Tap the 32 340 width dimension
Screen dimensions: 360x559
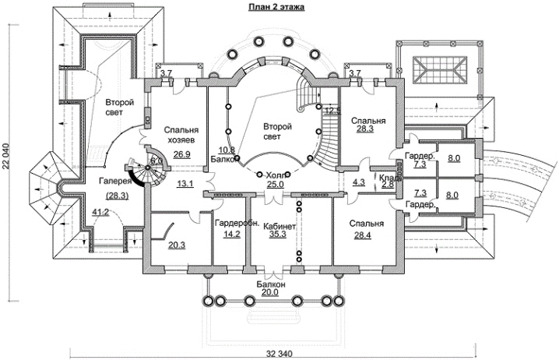(x=277, y=354)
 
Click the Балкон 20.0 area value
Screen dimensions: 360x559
(x=271, y=292)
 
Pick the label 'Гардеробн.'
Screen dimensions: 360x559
(x=231, y=224)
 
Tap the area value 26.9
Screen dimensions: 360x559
(x=182, y=154)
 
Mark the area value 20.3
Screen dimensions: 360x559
(x=177, y=245)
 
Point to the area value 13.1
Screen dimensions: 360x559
(x=185, y=184)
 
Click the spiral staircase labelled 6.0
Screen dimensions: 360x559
(x=155, y=162)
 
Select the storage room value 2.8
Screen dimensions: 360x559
(x=388, y=185)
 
